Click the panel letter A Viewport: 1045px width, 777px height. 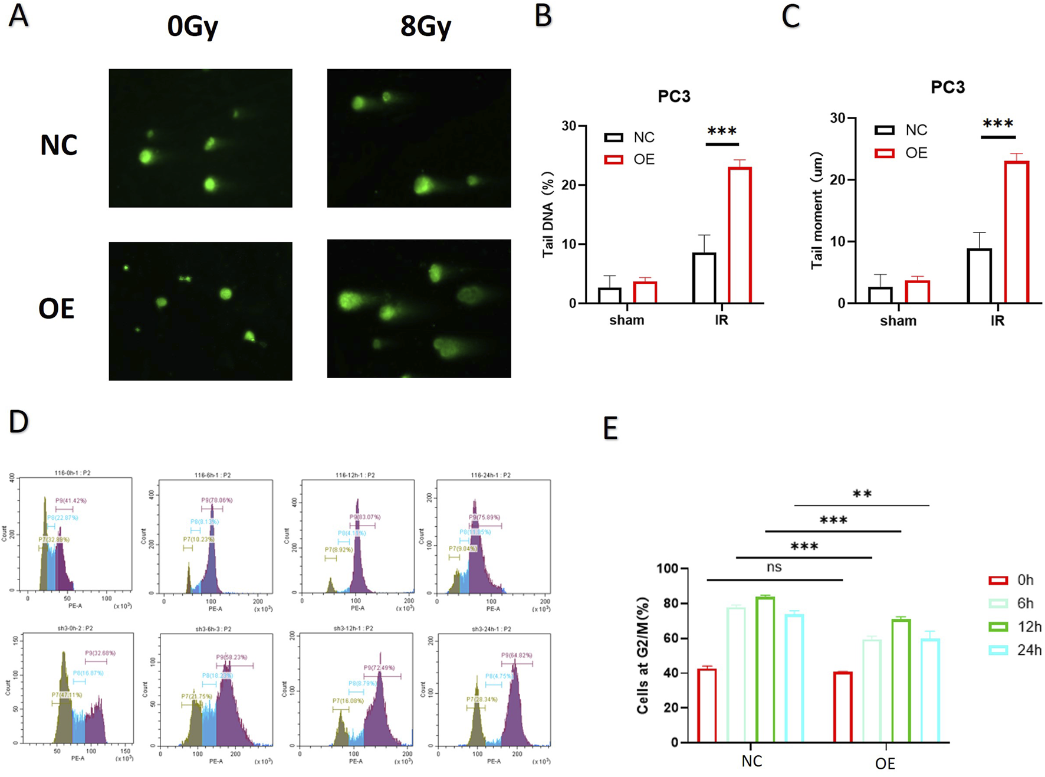(x=19, y=16)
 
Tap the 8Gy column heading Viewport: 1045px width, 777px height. (x=426, y=27)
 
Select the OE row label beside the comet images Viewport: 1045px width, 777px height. (x=57, y=309)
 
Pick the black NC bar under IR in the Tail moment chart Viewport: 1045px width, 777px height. (x=979, y=276)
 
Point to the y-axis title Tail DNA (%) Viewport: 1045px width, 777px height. (x=548, y=215)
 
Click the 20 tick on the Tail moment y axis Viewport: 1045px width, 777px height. (x=837, y=180)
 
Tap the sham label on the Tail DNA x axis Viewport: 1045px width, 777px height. (x=626, y=320)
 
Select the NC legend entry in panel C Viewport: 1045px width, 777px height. (x=902, y=130)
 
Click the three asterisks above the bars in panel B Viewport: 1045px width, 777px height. (x=722, y=132)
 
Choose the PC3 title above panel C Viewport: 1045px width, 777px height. (x=948, y=87)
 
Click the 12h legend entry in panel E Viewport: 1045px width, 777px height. (x=1016, y=627)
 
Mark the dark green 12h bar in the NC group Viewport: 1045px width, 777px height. (x=765, y=669)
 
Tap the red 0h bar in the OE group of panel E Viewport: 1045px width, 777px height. (x=843, y=707)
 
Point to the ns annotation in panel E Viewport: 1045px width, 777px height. (x=774, y=568)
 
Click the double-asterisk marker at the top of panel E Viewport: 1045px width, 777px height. (x=862, y=494)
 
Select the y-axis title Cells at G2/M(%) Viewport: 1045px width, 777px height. (x=643, y=655)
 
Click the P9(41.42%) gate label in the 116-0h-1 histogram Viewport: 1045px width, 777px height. (x=71, y=501)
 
